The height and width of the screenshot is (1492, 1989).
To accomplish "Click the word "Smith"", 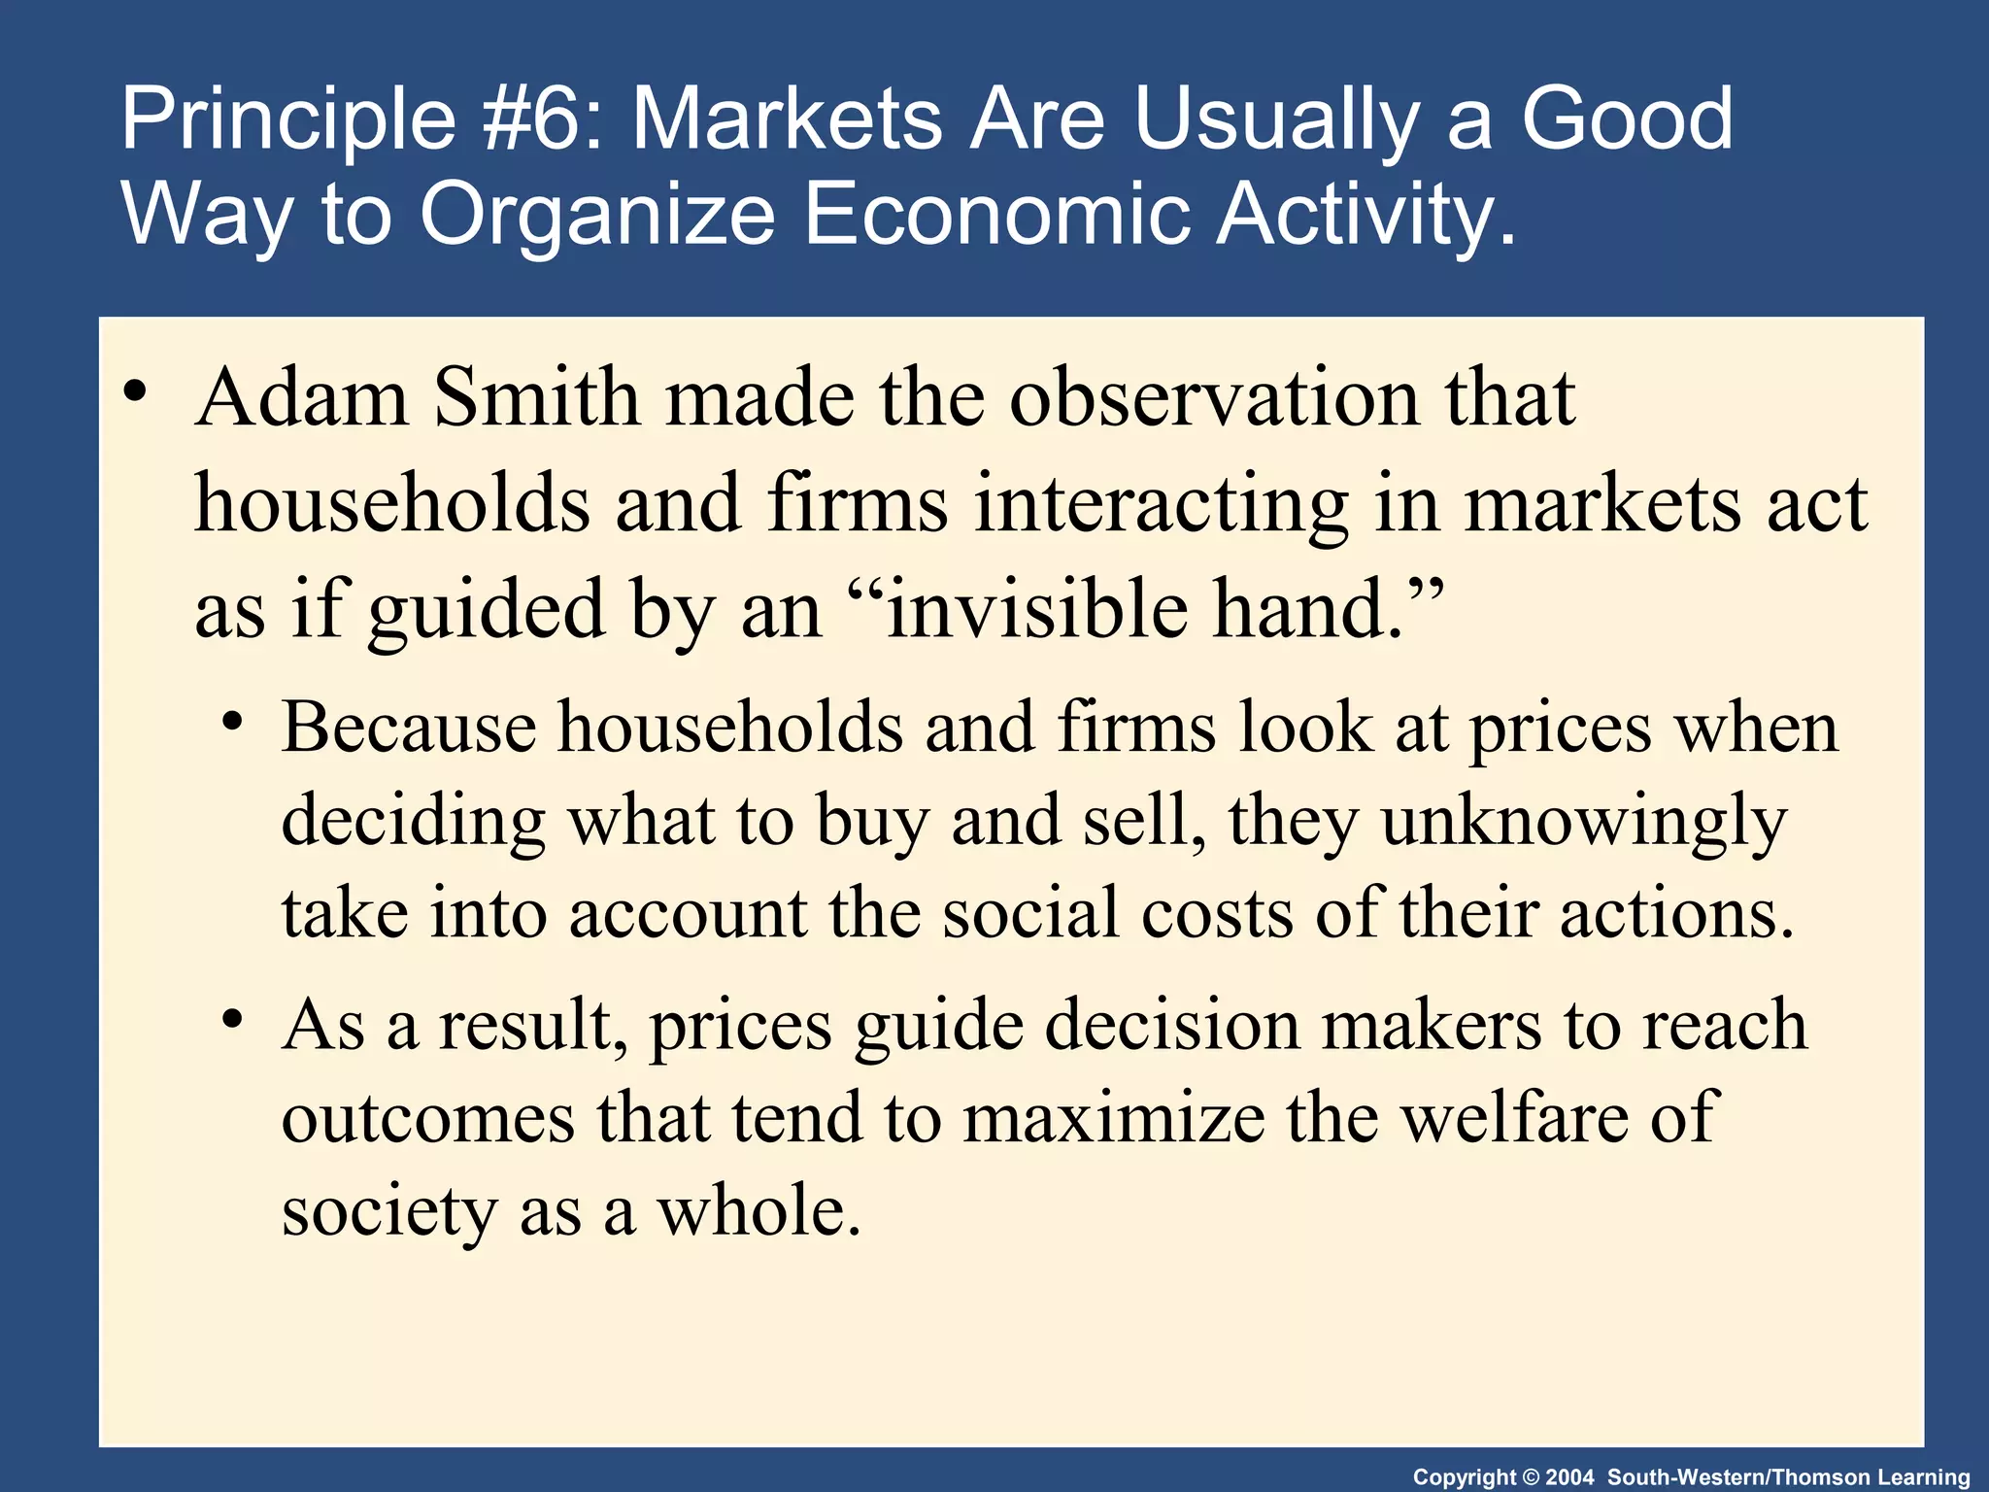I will (536, 399).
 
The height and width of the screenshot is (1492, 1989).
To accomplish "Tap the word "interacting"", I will (1161, 505).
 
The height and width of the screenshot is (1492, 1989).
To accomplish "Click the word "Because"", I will (408, 729).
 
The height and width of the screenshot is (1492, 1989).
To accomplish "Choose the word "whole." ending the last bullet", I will (759, 1212).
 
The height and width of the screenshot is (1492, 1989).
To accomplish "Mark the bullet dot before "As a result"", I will (231, 1021).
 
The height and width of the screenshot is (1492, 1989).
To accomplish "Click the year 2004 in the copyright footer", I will (1569, 1477).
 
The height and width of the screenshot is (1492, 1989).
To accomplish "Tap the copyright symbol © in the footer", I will (1530, 1477).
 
